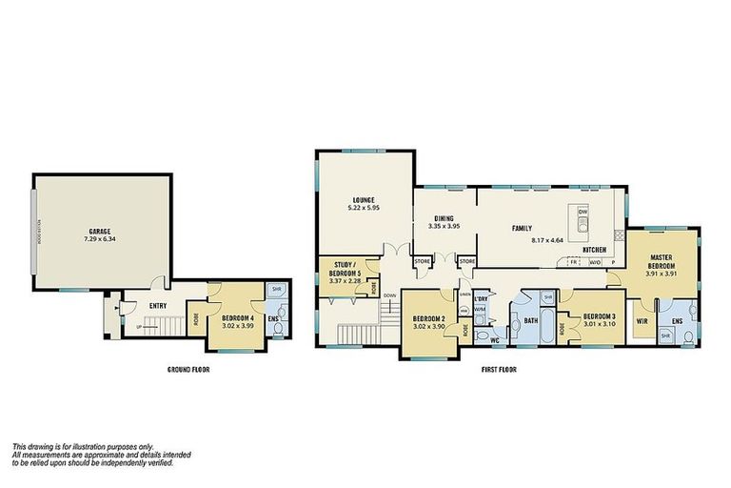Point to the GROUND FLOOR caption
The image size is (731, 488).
(x=187, y=368)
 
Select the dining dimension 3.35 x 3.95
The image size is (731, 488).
(x=443, y=226)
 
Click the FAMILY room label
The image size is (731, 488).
(x=523, y=228)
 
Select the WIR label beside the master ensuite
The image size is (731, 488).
(x=642, y=321)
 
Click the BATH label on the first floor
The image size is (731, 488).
(x=530, y=321)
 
